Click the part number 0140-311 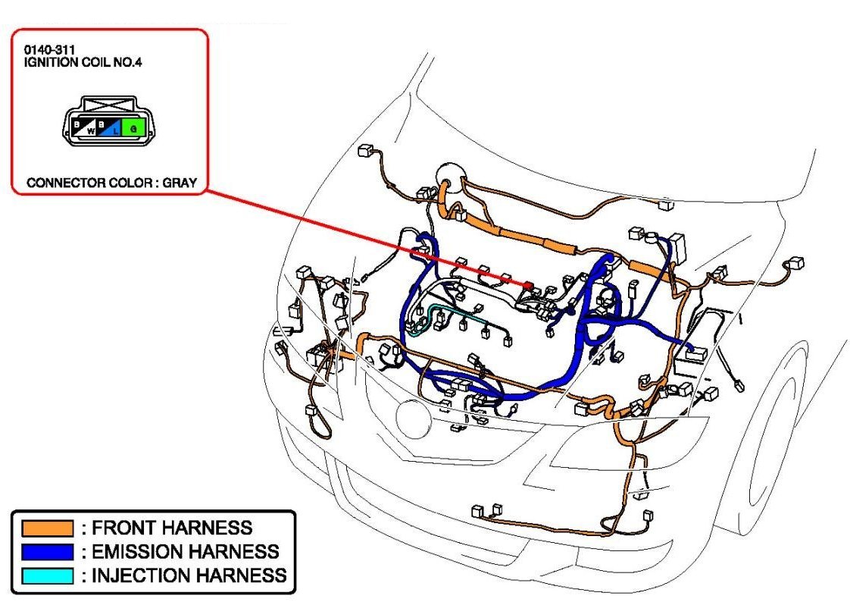coord(45,50)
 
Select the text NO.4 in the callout coord(128,61)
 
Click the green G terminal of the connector coord(134,127)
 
